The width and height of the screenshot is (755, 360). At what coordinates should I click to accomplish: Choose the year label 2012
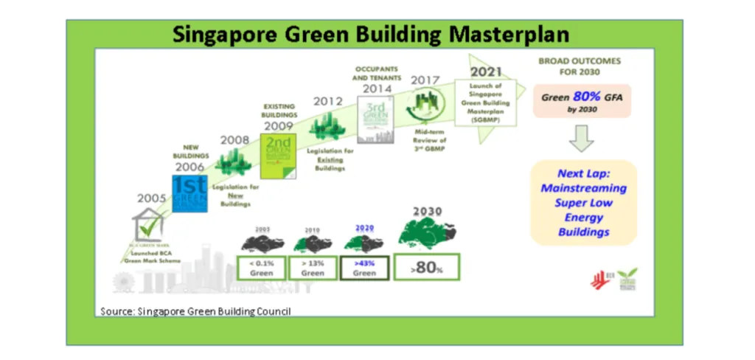[x=326, y=101]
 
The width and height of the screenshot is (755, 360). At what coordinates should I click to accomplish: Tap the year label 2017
[x=425, y=80]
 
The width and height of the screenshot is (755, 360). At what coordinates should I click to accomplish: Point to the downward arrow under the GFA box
[x=582, y=137]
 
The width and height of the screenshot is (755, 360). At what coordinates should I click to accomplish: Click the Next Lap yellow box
[x=582, y=203]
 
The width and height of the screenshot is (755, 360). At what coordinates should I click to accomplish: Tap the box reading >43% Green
[x=363, y=266]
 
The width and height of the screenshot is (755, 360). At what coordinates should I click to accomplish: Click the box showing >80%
[x=427, y=266]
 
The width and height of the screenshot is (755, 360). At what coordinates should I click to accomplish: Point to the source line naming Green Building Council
[x=195, y=311]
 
